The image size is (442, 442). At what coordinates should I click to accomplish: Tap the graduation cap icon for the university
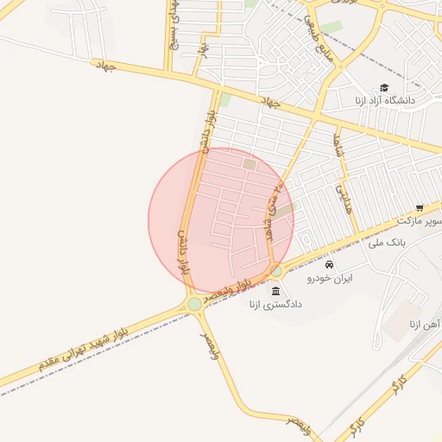pyautogui.click(x=383, y=87)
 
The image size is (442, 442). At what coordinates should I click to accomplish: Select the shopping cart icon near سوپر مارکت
pyautogui.click(x=420, y=208)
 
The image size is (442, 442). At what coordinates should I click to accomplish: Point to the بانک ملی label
pyautogui.click(x=386, y=243)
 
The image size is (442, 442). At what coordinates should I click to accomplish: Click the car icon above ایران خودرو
pyautogui.click(x=330, y=264)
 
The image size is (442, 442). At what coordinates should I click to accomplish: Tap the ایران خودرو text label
pyautogui.click(x=331, y=279)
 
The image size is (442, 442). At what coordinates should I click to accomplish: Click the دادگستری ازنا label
pyautogui.click(x=275, y=304)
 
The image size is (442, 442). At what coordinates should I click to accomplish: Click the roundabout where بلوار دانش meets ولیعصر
pyautogui.click(x=195, y=304)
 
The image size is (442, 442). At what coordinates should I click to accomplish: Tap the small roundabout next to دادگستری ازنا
pyautogui.click(x=276, y=271)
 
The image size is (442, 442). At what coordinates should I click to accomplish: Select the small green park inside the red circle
pyautogui.click(x=249, y=163)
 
